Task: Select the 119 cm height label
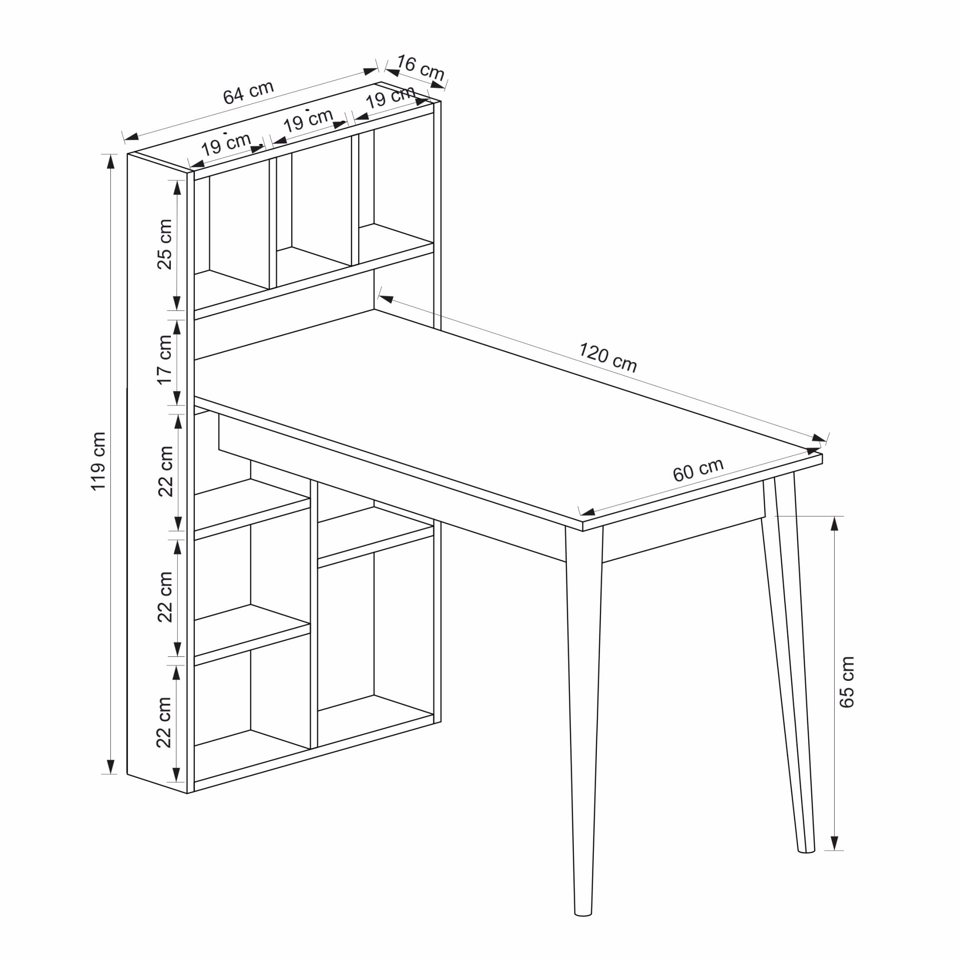(98, 462)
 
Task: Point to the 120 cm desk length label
(608, 358)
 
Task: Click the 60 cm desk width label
(698, 470)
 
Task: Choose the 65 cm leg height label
(847, 682)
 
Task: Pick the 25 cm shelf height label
(165, 244)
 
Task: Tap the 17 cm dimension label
(165, 360)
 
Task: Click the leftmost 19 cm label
(226, 145)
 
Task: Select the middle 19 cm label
(308, 121)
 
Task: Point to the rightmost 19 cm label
(391, 97)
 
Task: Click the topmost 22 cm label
(165, 471)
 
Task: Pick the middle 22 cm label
(165, 597)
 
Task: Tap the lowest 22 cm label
(164, 722)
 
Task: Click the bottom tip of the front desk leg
(583, 915)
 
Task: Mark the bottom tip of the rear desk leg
(806, 851)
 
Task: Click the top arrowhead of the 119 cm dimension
(111, 161)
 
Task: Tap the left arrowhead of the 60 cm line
(587, 512)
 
